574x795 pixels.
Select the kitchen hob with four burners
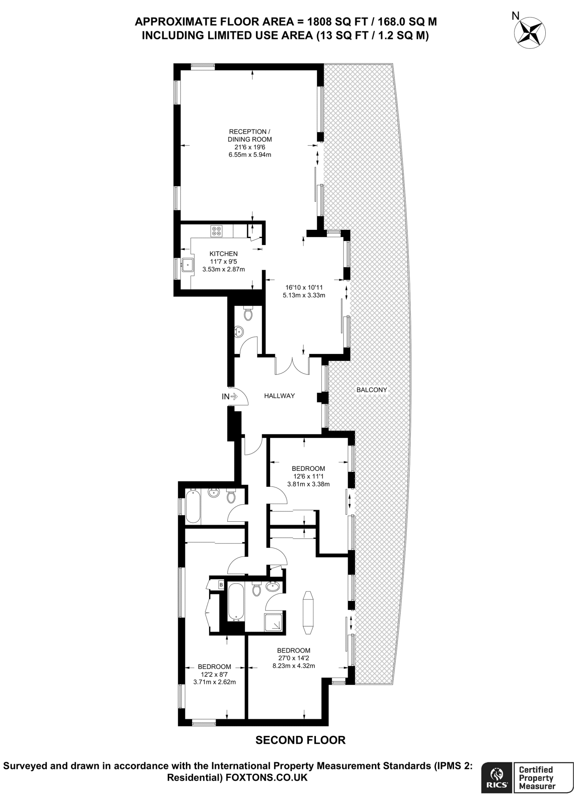point(216,231)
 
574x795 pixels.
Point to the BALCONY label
point(371,390)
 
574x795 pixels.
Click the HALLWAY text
point(279,396)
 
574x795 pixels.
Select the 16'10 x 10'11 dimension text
point(304,288)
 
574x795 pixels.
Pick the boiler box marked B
point(221,584)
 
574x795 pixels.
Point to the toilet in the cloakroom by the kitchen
point(248,313)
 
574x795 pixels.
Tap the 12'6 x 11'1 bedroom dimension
point(308,476)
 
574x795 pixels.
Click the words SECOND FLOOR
point(300,740)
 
